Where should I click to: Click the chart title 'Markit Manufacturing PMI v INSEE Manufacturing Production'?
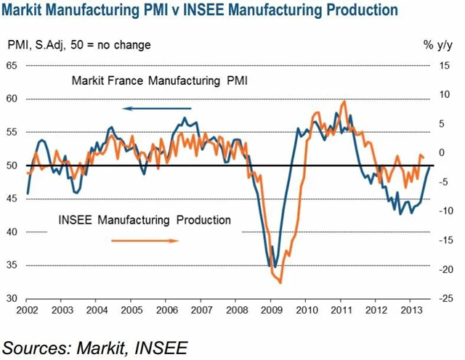click(x=201, y=11)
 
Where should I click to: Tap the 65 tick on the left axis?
click(x=12, y=65)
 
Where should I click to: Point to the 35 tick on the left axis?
click(x=12, y=266)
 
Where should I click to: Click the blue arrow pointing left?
click(x=150, y=108)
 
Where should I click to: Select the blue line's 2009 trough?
click(x=274, y=266)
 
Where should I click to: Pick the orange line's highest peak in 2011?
click(x=344, y=101)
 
